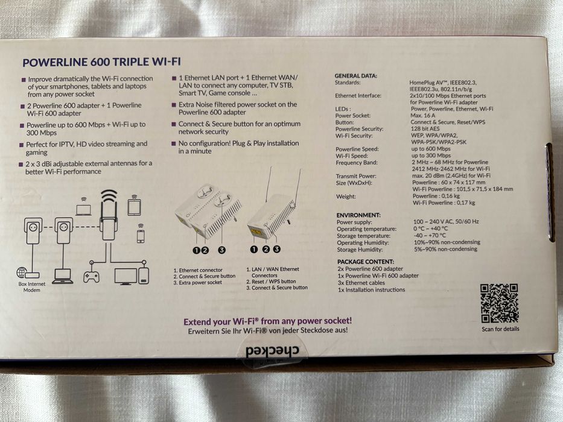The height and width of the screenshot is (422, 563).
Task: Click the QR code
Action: click(499, 303)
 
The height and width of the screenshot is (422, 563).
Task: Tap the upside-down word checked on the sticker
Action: click(272, 351)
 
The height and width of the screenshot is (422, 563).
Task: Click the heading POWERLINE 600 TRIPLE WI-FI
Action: click(101, 62)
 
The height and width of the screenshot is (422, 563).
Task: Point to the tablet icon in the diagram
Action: click(135, 207)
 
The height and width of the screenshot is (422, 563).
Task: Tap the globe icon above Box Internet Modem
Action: click(22, 272)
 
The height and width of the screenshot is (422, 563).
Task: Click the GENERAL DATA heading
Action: click(356, 76)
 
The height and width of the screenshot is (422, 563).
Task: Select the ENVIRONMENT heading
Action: click(358, 215)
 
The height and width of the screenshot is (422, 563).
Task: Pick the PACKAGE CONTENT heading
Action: click(366, 262)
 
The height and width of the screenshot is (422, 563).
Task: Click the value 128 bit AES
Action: click(425, 128)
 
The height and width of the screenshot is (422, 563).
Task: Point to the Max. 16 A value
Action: click(422, 115)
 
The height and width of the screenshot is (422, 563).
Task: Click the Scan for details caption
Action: click(500, 329)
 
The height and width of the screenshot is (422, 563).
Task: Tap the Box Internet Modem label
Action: click(31, 287)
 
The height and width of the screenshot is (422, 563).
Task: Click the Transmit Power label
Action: click(356, 176)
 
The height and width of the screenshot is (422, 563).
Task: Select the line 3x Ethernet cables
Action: click(361, 283)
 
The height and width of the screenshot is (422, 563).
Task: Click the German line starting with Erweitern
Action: click(268, 330)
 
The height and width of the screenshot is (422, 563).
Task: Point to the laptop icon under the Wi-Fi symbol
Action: click(83, 210)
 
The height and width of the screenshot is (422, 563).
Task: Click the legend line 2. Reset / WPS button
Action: click(271, 282)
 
